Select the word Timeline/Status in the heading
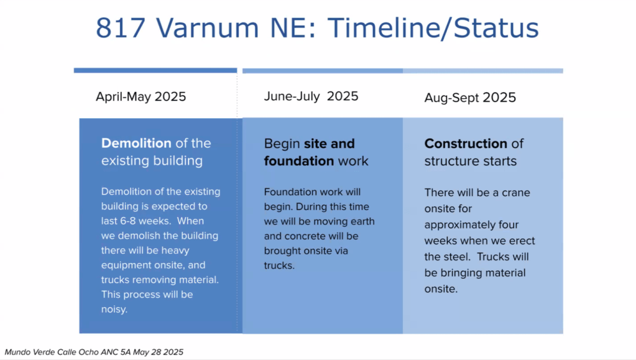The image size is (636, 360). coord(433,29)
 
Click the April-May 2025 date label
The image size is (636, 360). coord(141,96)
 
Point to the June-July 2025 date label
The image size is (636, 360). coord(311,96)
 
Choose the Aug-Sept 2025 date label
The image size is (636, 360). coord(470,98)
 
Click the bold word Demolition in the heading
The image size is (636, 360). coord(136,143)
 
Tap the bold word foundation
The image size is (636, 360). coord(299,160)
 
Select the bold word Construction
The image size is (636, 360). coord(466,143)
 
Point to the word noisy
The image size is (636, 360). coord(114,309)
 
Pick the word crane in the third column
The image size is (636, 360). coord(516,192)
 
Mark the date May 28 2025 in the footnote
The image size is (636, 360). coord(158,352)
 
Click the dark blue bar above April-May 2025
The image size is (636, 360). coord(155,71)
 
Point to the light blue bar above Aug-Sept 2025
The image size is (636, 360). coord(482,71)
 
